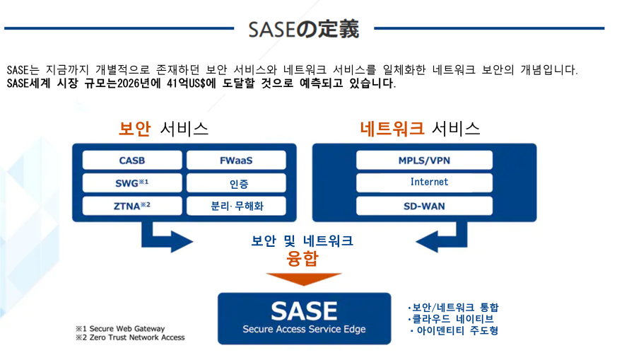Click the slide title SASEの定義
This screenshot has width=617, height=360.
click(x=303, y=29)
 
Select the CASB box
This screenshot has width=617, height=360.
click(x=132, y=161)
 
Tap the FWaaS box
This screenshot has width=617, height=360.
click(x=236, y=161)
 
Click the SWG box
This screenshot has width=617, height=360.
click(x=132, y=183)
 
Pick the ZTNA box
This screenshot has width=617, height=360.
click(x=132, y=207)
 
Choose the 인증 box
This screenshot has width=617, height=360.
click(x=236, y=183)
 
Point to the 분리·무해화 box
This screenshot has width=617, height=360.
click(x=236, y=207)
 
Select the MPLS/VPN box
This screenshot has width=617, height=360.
click(x=424, y=161)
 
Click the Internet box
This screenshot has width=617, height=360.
click(x=424, y=182)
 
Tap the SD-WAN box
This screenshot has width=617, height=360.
click(x=424, y=207)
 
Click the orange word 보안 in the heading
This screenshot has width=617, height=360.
click(x=136, y=129)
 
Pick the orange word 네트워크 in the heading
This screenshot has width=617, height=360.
click(x=392, y=129)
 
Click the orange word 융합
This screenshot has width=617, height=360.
click(x=302, y=259)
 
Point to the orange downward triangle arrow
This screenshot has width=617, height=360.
click(x=303, y=279)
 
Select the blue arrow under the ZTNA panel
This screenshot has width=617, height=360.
click(x=163, y=237)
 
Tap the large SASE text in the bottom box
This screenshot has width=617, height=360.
click(x=304, y=310)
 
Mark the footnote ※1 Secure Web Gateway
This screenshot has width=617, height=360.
click(x=120, y=329)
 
